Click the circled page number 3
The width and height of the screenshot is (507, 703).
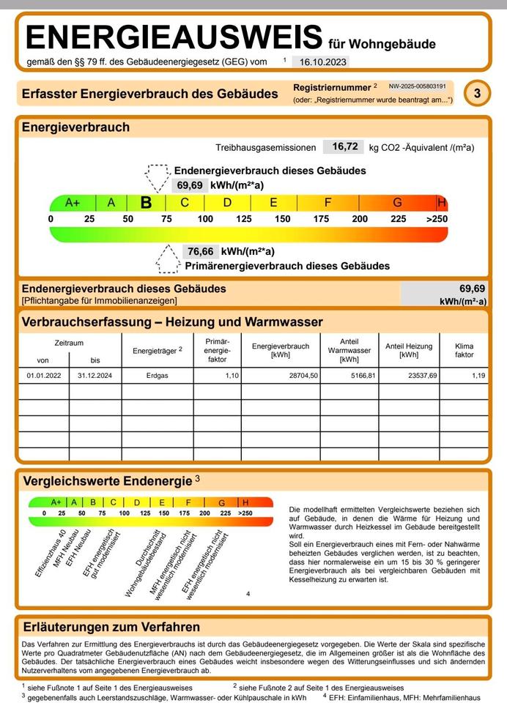click(478, 93)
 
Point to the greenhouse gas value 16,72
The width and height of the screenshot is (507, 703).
click(344, 147)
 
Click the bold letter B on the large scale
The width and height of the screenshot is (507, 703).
click(146, 203)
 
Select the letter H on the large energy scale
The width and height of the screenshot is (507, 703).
click(441, 203)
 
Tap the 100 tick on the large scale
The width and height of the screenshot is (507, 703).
click(205, 219)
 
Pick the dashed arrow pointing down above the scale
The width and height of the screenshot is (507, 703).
click(156, 177)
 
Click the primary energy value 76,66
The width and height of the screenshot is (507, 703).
click(199, 251)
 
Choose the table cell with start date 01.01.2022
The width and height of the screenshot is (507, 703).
click(42, 376)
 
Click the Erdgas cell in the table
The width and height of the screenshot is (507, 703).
click(157, 376)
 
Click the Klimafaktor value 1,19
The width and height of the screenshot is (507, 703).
click(478, 376)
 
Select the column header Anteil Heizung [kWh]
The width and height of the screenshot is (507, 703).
click(408, 350)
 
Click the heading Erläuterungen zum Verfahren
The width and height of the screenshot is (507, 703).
click(111, 627)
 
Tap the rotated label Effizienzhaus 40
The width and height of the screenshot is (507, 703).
click(51, 553)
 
